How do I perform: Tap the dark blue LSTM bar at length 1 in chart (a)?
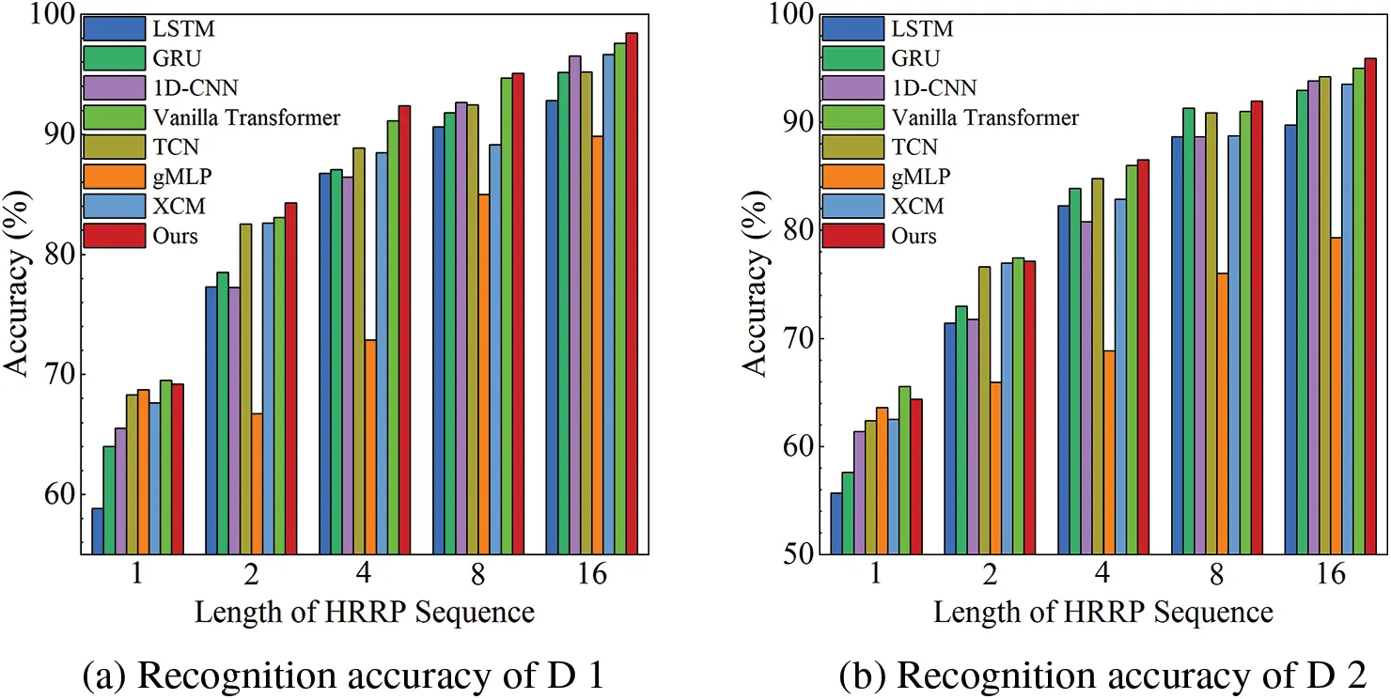click(97, 531)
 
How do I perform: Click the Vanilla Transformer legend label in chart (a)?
click(245, 117)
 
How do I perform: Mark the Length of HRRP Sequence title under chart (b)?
click(1102, 613)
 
